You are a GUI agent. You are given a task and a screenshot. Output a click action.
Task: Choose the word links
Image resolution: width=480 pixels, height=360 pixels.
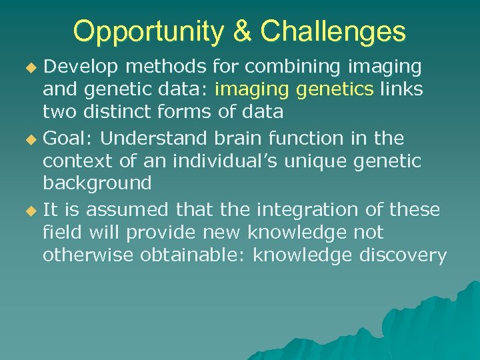click(x=401, y=90)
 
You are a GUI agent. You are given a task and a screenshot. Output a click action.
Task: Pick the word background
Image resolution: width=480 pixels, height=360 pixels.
click(x=97, y=183)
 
